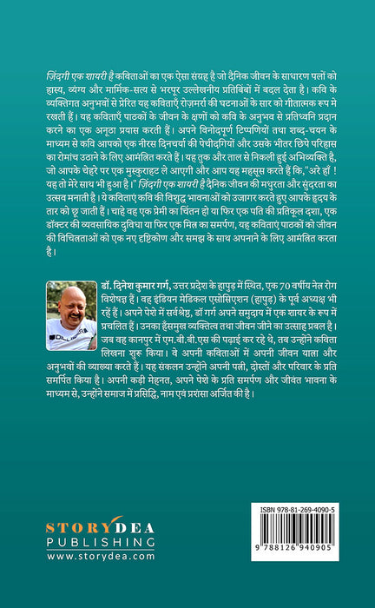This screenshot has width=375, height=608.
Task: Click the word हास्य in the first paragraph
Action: pos(61,89)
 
